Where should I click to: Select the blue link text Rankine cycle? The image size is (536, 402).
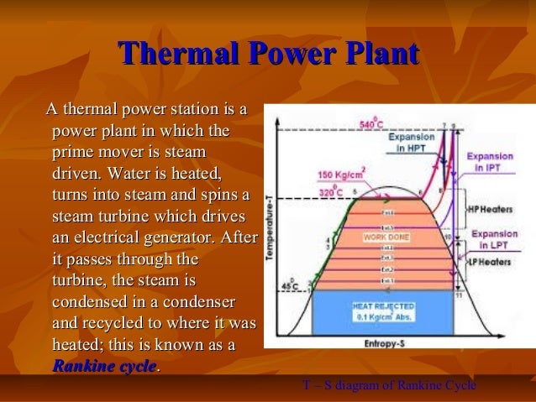click(104, 366)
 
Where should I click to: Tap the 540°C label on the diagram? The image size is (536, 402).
click(370, 124)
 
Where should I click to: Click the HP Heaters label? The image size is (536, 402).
click(489, 207)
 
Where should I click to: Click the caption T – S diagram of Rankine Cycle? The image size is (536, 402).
click(389, 384)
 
